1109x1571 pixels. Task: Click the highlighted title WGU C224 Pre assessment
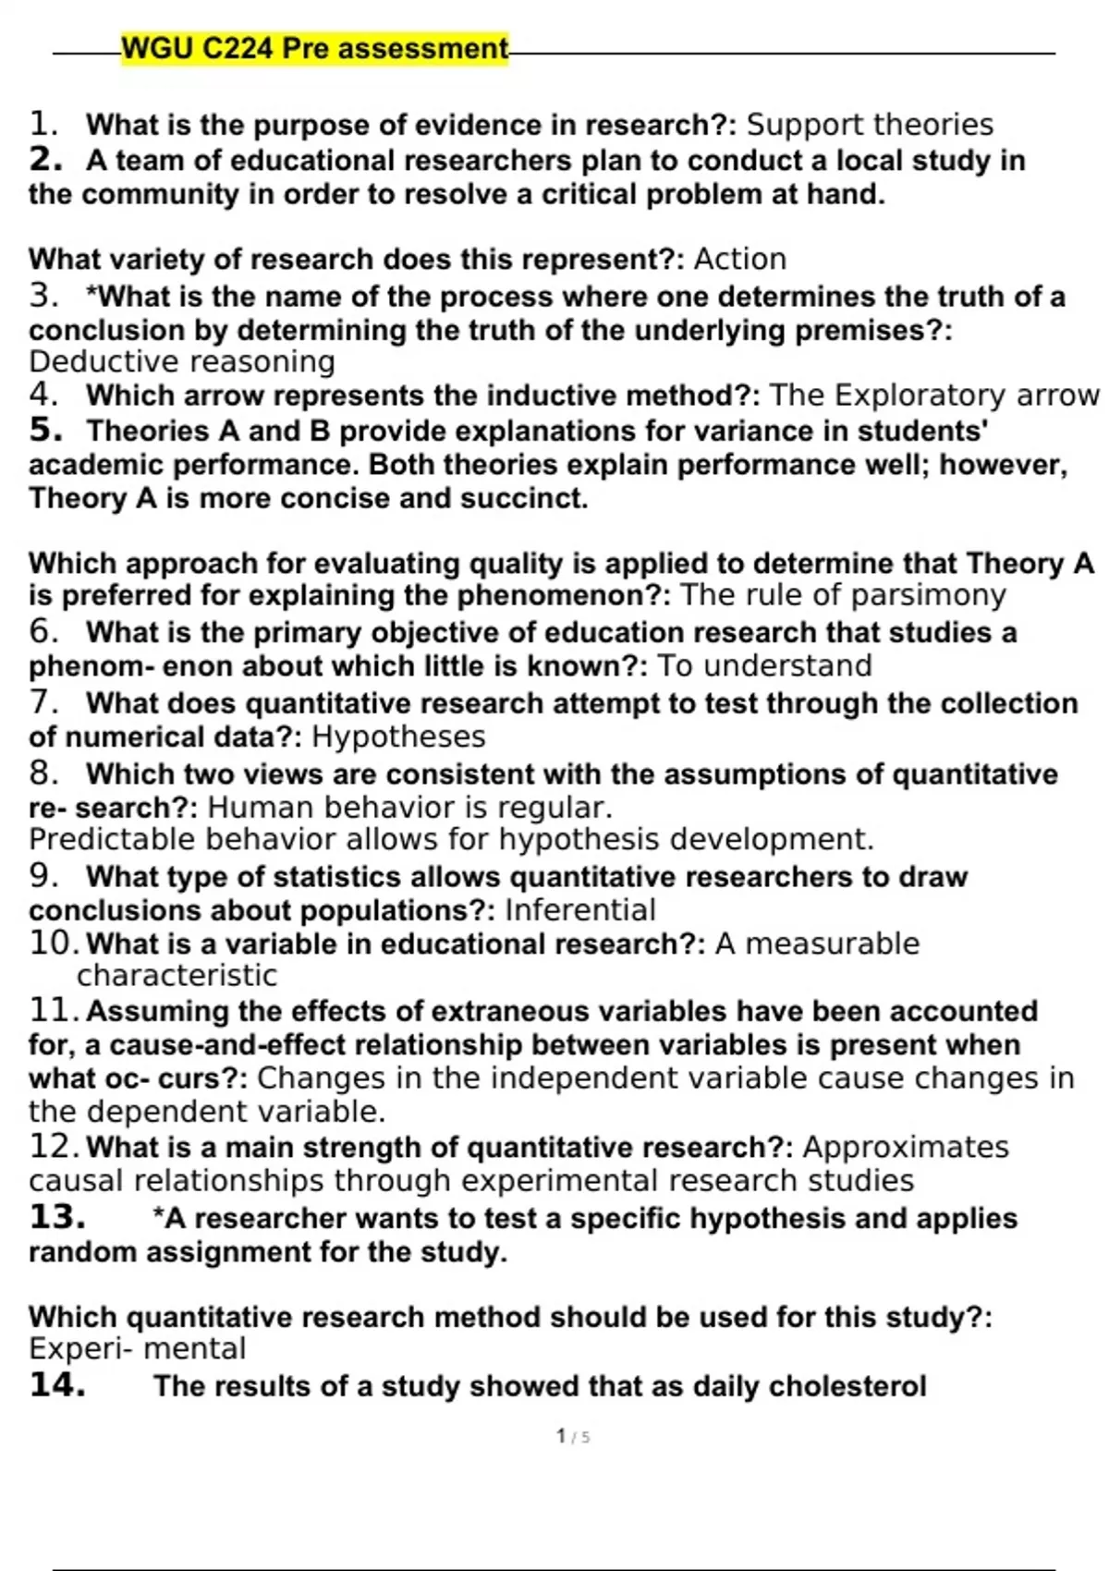[314, 48]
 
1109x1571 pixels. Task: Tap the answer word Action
[739, 260]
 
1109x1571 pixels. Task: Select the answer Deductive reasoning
[181, 362]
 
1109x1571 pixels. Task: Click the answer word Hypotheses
[398, 737]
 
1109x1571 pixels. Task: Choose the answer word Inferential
[580, 910]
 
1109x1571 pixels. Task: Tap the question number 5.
[44, 431]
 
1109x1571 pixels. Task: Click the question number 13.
[57, 1218]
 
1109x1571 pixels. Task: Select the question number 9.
[43, 875]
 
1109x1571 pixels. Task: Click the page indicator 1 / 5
[573, 1437]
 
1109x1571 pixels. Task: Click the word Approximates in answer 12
[906, 1147]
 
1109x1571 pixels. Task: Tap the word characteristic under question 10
[177, 976]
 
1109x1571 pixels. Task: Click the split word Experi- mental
[137, 1349]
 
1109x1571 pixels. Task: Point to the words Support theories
[870, 125]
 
